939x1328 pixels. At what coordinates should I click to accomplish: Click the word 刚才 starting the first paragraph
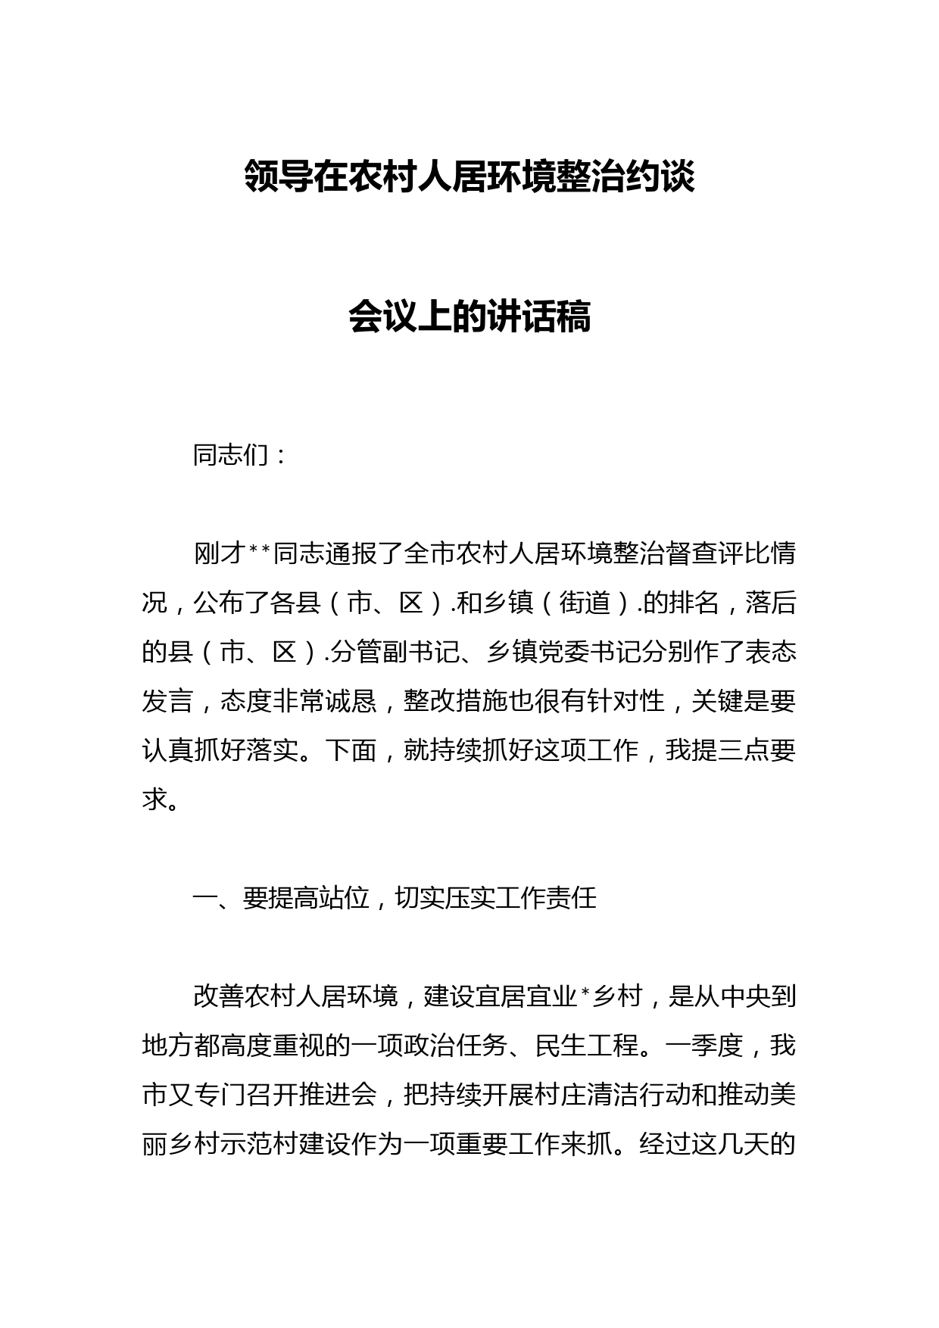pyautogui.click(x=219, y=553)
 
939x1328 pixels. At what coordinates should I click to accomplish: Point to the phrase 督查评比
pyautogui.click(x=691, y=553)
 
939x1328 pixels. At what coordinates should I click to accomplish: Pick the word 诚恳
pyautogui.click(x=351, y=701)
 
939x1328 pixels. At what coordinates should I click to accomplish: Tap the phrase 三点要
pyautogui.click(x=757, y=750)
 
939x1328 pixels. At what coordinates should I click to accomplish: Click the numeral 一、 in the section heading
pyautogui.click(x=217, y=898)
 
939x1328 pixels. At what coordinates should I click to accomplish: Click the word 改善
pyautogui.click(x=219, y=996)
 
